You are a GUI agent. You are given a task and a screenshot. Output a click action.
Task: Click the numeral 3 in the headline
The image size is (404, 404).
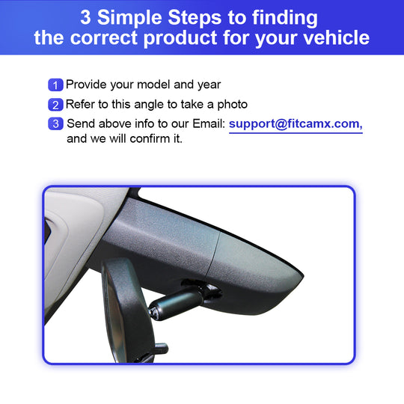click(85, 17)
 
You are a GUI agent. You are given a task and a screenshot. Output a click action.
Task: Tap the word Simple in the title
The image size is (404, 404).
click(129, 19)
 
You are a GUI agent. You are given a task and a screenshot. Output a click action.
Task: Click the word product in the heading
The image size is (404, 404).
click(180, 39)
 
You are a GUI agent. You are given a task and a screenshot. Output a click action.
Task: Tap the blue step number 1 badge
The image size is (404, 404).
click(55, 85)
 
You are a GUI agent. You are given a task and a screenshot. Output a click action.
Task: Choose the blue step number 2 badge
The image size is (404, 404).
click(55, 105)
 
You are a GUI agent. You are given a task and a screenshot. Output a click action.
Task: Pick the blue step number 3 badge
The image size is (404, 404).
click(55, 123)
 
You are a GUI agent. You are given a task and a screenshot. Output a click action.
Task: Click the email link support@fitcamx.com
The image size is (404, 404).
click(296, 124)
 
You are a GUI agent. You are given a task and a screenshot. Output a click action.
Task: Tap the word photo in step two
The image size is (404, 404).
click(233, 105)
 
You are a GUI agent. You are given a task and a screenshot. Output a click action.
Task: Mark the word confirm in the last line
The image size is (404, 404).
click(150, 138)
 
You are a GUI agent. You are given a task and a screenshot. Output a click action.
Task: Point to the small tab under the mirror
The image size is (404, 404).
click(162, 349)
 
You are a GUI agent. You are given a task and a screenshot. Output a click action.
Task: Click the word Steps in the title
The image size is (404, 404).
click(195, 19)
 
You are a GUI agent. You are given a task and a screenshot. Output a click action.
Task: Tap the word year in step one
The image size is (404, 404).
click(209, 85)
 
